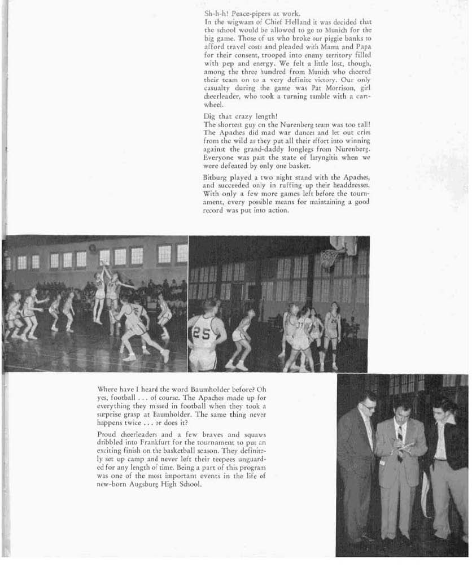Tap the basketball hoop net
(x=329, y=259)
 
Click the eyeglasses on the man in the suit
(x=368, y=405)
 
